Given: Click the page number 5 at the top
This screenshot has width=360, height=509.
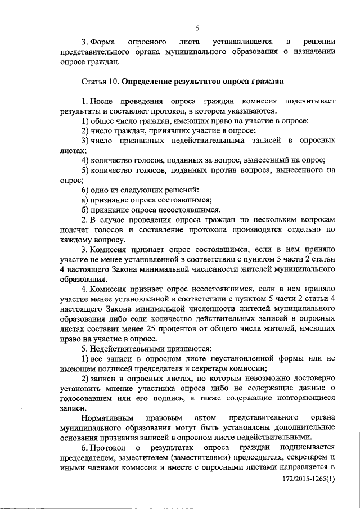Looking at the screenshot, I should coord(198,28).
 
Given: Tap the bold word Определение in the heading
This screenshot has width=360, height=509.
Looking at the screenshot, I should coord(148,82).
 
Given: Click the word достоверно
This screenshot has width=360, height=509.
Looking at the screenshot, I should coord(312,378).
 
